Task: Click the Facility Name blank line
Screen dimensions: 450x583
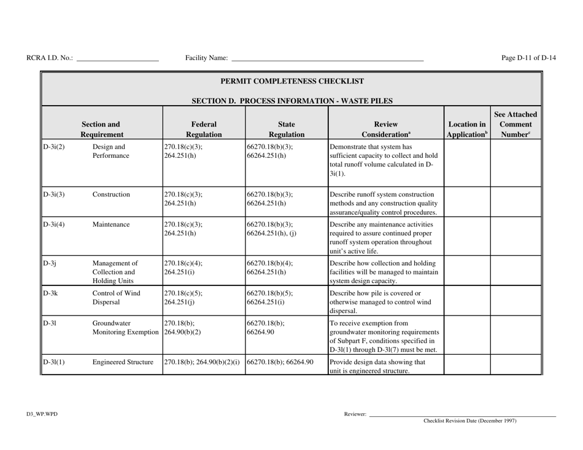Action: (326, 59)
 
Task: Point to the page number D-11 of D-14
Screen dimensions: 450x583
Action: (528, 58)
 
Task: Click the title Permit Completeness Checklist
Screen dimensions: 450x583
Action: (292, 81)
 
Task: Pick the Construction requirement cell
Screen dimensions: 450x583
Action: (111, 195)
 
